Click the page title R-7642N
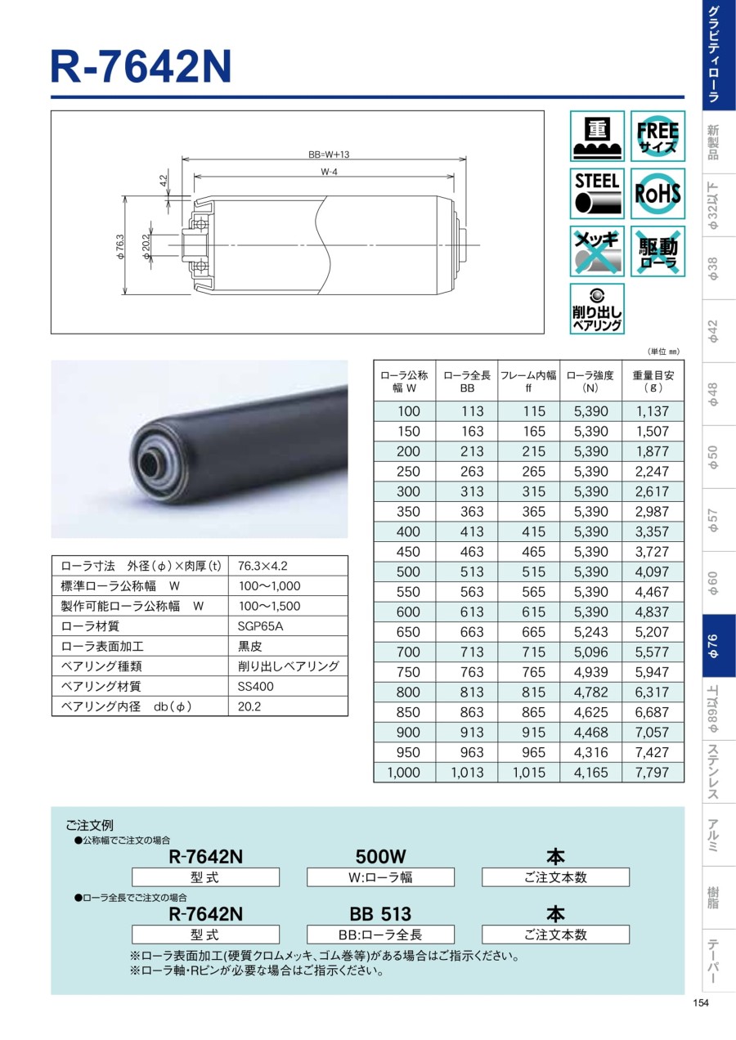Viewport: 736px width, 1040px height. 141,67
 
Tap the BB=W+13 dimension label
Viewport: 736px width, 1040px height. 329,155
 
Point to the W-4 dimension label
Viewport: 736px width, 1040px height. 329,172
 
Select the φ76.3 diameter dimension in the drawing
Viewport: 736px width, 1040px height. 121,246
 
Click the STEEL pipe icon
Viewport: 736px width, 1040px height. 597,194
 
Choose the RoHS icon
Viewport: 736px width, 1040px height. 657,194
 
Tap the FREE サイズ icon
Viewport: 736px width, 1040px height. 657,136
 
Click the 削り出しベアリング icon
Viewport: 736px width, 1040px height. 597,309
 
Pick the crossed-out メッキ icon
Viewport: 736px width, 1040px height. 597,251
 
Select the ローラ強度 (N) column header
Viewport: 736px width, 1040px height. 590,381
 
